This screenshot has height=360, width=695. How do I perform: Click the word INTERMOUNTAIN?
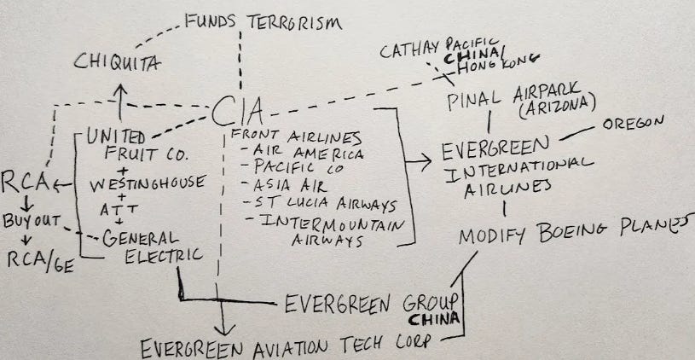tap(316, 224)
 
